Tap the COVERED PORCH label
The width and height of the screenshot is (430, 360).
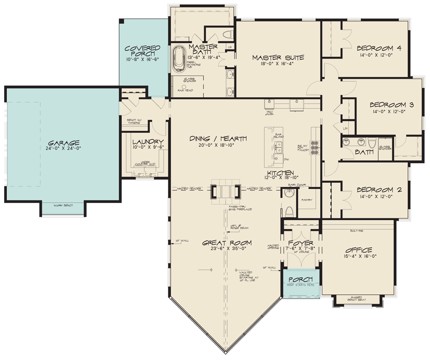click(x=142, y=51)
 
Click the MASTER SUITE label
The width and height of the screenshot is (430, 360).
click(x=277, y=57)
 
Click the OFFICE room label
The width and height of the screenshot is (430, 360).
click(x=358, y=250)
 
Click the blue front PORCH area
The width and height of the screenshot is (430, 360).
click(x=301, y=284)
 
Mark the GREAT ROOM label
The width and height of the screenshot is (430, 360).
click(x=227, y=243)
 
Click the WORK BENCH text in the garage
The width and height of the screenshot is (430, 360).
click(x=63, y=206)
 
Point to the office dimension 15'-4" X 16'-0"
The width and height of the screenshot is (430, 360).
click(x=358, y=256)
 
